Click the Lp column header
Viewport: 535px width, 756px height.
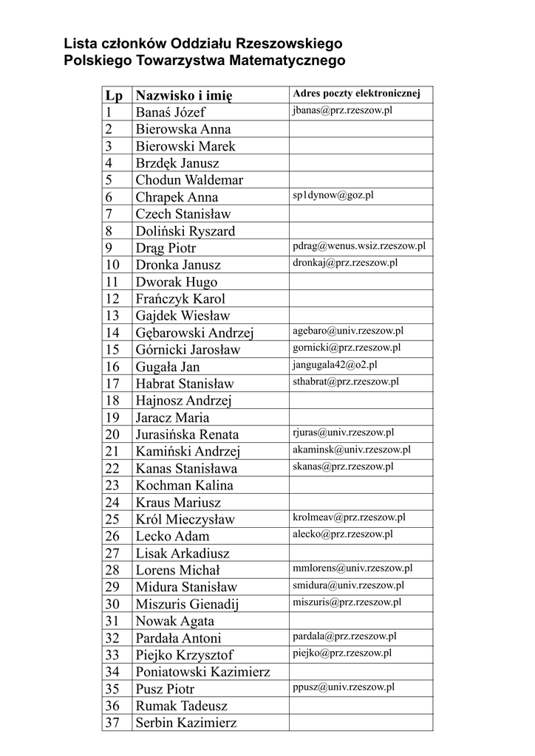[114, 95]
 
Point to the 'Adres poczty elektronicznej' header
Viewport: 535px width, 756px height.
[356, 94]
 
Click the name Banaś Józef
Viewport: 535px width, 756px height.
[171, 112]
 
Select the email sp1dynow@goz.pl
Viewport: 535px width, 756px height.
[333, 195]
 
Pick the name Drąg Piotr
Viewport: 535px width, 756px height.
[166, 247]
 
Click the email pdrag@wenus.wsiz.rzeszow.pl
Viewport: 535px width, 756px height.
[359, 246]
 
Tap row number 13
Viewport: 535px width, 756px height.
[112, 315]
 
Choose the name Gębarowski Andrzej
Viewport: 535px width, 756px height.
[194, 332]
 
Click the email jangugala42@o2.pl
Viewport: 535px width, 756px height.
[335, 364]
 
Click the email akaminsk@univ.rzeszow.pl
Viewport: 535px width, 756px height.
[352, 449]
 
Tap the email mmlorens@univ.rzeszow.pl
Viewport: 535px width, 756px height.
[352, 568]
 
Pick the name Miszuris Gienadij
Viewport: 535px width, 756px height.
[188, 603]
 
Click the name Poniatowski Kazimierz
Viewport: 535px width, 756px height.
[202, 671]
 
